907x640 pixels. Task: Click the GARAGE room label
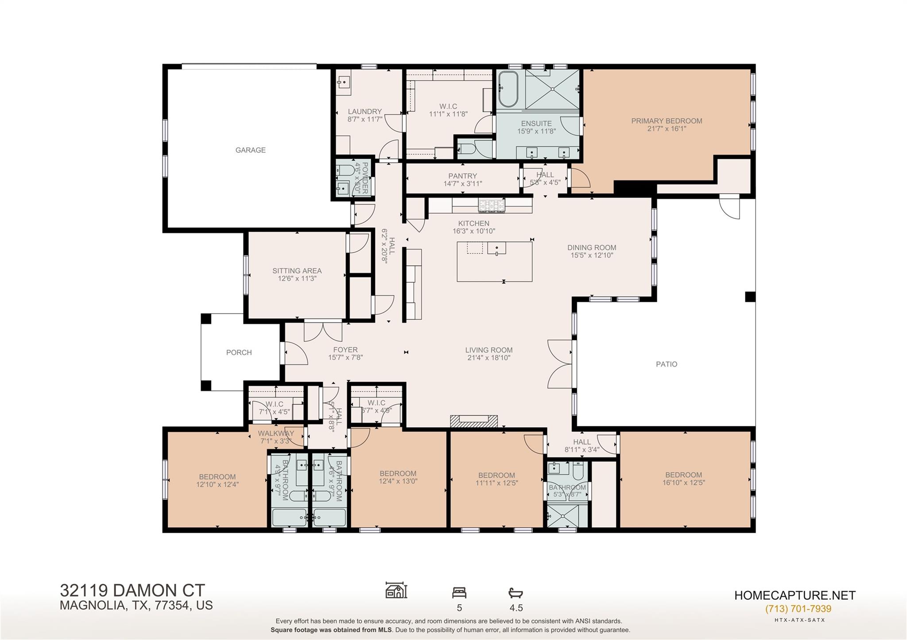pos(250,150)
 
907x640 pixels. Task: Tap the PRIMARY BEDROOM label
pos(667,121)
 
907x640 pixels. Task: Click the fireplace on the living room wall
pos(474,421)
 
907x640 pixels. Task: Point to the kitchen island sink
pos(496,248)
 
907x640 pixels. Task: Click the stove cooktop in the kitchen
pos(491,205)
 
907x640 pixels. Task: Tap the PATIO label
pos(666,364)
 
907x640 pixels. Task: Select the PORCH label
pos(239,353)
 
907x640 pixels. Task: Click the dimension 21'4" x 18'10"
pos(489,358)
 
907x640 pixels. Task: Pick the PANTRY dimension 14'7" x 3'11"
pos(462,184)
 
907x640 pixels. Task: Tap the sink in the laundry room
pos(343,82)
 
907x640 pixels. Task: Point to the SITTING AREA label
pos(297,271)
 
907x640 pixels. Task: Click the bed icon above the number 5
pos(459,592)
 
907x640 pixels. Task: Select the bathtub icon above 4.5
pos(516,592)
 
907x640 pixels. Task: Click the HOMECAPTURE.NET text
pos(795,595)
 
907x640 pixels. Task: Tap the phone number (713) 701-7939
pos(798,609)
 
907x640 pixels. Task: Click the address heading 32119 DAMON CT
pos(132,590)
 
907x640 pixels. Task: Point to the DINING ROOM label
pos(592,248)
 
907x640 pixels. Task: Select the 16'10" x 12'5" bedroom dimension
pos(684,483)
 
